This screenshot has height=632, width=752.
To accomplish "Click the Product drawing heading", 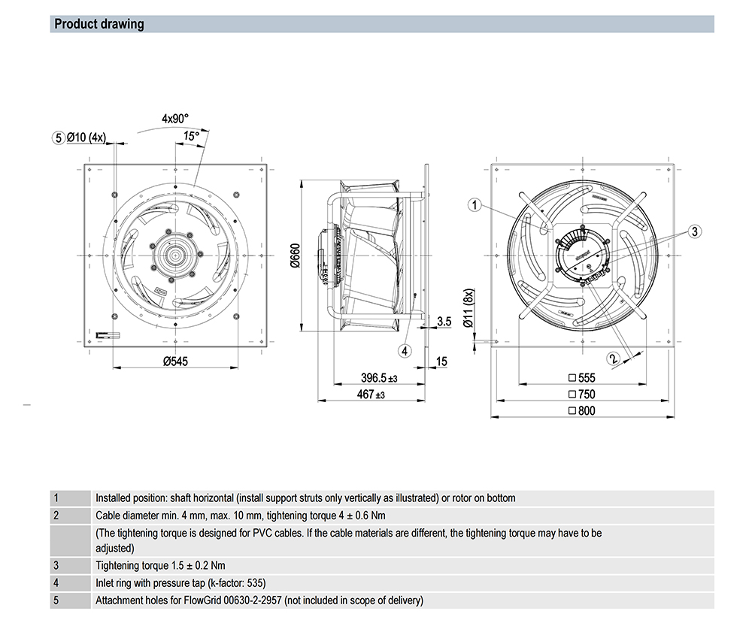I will [99, 24].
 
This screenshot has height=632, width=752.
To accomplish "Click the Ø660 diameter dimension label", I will [295, 257].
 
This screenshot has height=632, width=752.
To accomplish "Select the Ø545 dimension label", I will [175, 361].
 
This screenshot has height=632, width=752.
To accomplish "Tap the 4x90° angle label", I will [175, 118].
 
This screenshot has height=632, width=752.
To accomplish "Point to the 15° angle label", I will [191, 136].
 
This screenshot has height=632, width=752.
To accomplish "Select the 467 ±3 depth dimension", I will [370, 395].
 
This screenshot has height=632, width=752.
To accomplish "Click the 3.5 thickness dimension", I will [444, 322].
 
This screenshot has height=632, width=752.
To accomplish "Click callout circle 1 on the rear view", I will [474, 204].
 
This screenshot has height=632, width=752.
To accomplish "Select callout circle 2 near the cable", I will [614, 359].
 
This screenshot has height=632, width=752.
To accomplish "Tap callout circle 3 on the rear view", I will [696, 232].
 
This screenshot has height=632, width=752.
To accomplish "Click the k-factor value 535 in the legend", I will [256, 583].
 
